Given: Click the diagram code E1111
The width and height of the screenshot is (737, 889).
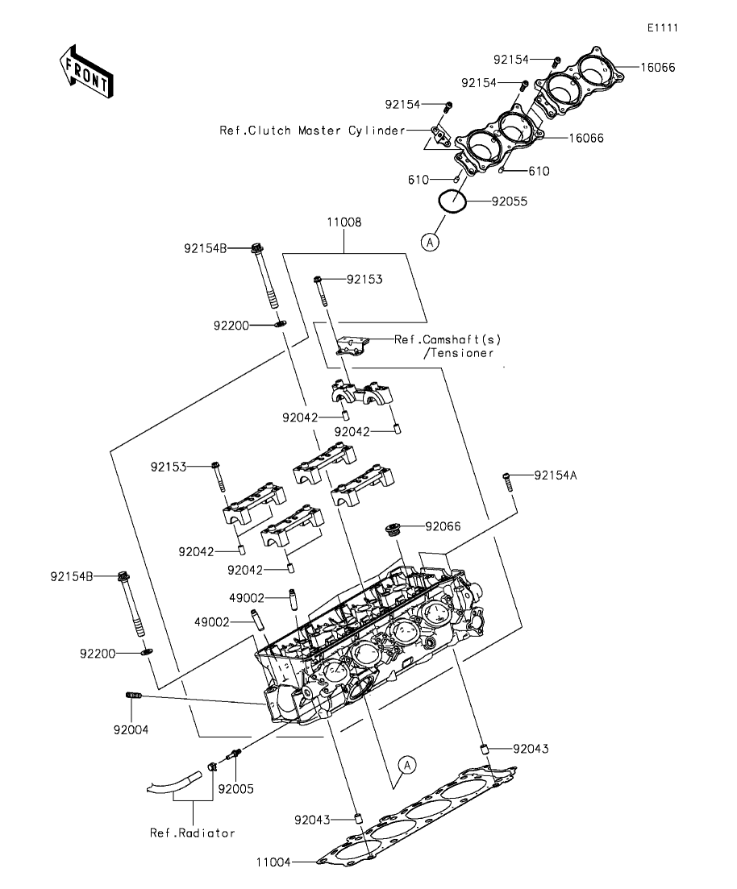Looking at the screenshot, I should [662, 27].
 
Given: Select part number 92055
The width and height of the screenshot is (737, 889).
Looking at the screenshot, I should [510, 202].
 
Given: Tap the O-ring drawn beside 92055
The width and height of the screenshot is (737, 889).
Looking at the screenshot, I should [454, 201].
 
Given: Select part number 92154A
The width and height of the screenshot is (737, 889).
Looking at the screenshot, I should [556, 476].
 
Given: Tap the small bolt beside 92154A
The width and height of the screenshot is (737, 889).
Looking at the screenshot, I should [508, 480].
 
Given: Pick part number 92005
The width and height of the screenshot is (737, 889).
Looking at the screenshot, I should [236, 788].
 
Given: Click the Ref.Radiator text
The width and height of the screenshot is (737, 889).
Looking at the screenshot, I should [192, 833].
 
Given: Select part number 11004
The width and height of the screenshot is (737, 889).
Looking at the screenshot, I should [273, 862].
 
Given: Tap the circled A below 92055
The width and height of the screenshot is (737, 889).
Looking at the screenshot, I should [431, 241].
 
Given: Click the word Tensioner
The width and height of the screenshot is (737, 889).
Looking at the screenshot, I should [464, 353].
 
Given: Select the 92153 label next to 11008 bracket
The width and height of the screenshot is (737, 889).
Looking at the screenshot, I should [364, 280].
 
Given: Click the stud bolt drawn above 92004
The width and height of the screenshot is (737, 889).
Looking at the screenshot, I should [134, 695].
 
